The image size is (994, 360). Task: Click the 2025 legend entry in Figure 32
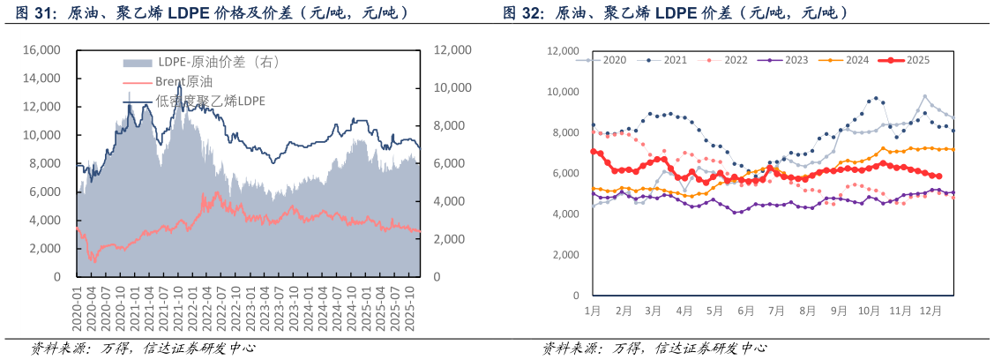tap(918, 60)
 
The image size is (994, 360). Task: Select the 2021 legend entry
tap(675, 60)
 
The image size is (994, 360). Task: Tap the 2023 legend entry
tap(796, 60)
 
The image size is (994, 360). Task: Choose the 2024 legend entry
tap(857, 60)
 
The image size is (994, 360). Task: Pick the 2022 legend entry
tap(736, 60)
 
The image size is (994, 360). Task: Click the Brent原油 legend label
tap(183, 81)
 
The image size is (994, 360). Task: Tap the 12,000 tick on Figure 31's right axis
tap(452, 50)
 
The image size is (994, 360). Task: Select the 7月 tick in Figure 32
tap(776, 311)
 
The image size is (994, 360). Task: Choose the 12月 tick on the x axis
tap(930, 311)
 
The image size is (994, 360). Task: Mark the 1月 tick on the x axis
tap(592, 311)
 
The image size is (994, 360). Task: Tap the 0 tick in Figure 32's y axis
tap(575, 296)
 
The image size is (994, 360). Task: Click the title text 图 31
tap(31, 12)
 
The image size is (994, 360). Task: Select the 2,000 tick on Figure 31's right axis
tap(449, 239)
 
